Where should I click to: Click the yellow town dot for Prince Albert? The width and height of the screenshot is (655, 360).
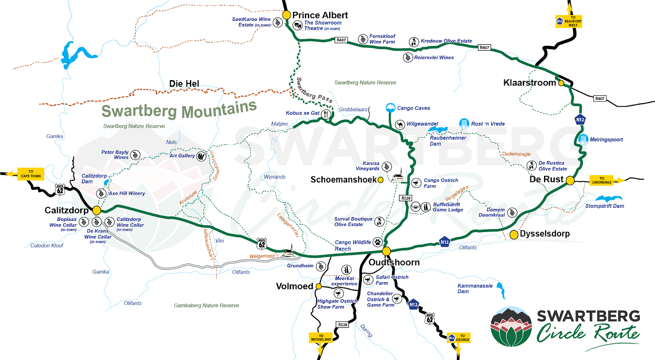point(286,15)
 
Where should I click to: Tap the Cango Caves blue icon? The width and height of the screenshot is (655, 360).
point(391,108)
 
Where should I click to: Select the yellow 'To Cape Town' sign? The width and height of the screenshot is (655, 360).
point(31,174)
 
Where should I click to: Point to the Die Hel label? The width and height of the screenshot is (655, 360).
point(184,84)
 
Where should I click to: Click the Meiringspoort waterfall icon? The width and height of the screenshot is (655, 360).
point(583,139)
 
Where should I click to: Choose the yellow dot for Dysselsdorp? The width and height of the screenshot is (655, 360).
point(514,234)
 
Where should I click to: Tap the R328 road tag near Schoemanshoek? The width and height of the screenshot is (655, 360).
point(406,198)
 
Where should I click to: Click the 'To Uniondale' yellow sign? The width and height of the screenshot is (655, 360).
point(602,180)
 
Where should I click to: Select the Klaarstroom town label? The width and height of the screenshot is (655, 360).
point(529,83)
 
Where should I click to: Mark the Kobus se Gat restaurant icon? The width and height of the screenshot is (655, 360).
point(326,114)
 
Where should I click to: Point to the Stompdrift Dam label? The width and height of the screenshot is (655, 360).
point(604,206)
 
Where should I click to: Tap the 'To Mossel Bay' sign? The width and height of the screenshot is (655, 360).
point(321,337)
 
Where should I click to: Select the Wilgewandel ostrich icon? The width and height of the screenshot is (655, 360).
point(400,124)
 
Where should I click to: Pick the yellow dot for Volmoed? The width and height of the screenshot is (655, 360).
point(318,286)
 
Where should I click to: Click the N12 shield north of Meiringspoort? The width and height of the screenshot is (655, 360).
point(580,120)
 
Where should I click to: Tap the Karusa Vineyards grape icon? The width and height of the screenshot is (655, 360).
point(386,166)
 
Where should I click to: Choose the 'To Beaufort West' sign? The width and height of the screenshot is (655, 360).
point(569,21)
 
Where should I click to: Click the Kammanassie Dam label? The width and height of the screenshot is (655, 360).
point(475,288)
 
